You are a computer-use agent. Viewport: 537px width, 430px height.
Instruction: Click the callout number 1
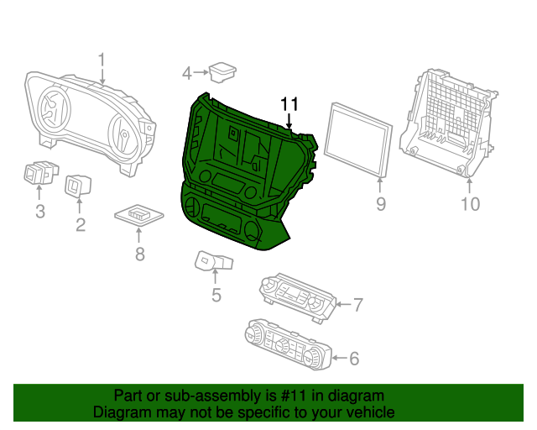[x=102, y=60]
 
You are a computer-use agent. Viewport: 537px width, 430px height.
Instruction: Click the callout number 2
[x=81, y=224]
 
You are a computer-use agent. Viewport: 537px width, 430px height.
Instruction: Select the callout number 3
[x=39, y=212]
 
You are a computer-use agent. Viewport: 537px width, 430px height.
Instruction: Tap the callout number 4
[x=187, y=74]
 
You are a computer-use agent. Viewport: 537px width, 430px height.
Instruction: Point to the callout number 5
[x=216, y=294]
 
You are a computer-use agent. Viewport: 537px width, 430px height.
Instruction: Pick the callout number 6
[x=353, y=359]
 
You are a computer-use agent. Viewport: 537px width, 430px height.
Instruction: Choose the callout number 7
[x=357, y=304]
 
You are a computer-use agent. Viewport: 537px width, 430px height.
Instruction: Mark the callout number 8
[x=139, y=253]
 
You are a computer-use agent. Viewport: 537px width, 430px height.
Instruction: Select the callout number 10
[x=470, y=203]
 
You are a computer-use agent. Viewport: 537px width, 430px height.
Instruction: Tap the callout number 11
[x=289, y=103]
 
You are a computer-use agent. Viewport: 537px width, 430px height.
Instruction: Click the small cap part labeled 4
[x=223, y=72]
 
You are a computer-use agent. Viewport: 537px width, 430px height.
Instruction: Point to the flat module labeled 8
[x=138, y=214]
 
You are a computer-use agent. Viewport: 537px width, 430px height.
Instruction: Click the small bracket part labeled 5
[x=211, y=261]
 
